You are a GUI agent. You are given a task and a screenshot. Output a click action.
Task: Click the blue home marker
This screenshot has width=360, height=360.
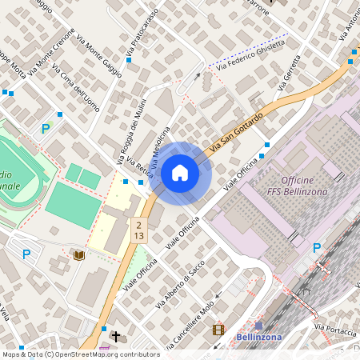point(180,173)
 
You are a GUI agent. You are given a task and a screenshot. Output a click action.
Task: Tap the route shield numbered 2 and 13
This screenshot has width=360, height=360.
point(139,230)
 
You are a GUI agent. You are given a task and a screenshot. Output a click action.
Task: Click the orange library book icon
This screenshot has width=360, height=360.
point(78,255)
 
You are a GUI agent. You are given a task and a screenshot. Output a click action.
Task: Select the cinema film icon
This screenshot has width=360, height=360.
point(218,329)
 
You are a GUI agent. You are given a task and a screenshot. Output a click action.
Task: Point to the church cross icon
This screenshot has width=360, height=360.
point(117,337)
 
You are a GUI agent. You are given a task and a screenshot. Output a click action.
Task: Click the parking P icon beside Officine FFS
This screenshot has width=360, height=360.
point(317,248)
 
